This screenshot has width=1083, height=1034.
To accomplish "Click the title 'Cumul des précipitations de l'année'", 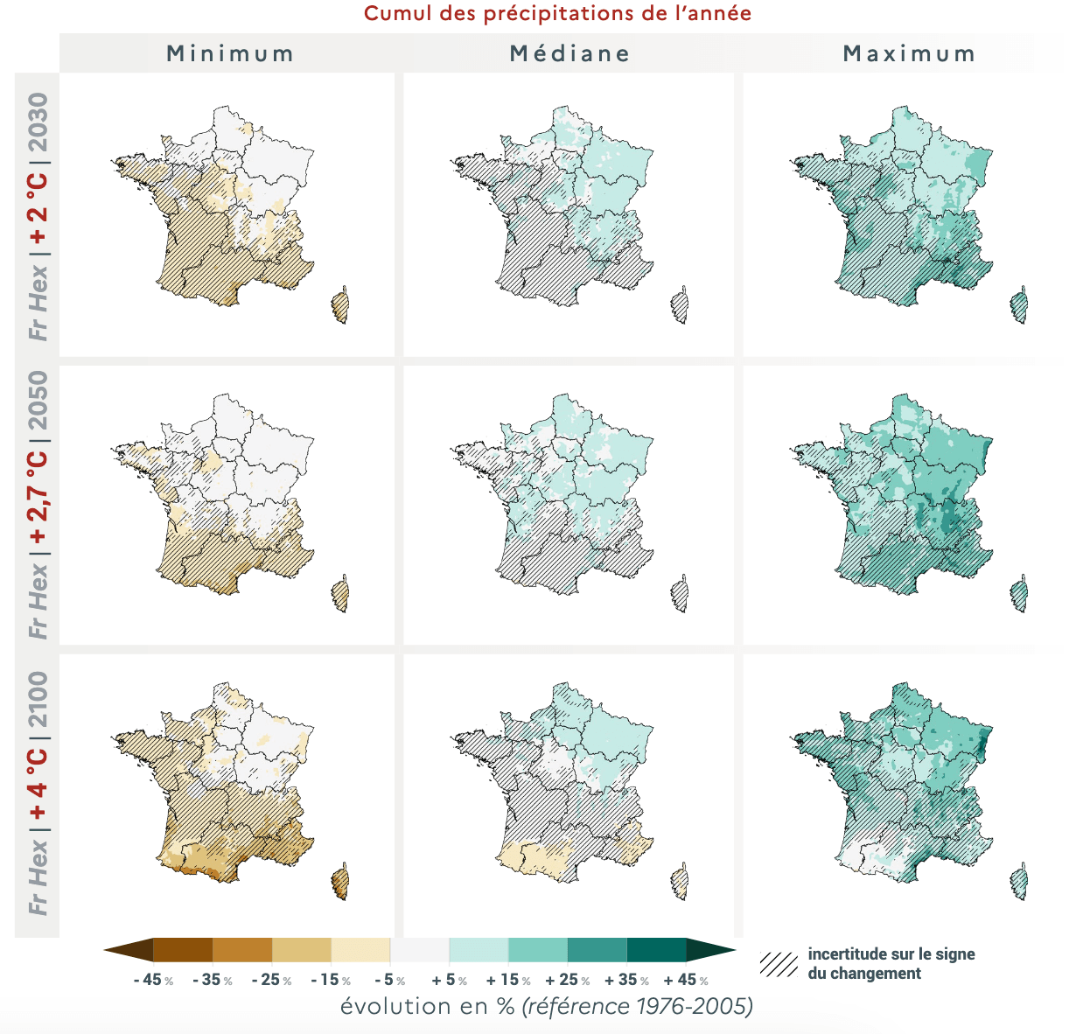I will click(x=557, y=14).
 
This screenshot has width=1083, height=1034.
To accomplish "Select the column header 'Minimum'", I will click(x=230, y=53).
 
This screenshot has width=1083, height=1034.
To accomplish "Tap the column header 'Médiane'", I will click(x=569, y=53).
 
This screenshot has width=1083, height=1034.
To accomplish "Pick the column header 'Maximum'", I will click(x=909, y=53).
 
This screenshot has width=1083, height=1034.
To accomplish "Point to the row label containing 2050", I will click(x=38, y=504).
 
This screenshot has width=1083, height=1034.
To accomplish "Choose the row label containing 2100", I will click(x=38, y=793).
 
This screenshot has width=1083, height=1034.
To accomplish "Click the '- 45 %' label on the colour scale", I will click(x=153, y=980).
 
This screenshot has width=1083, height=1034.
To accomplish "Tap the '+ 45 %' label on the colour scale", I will click(x=686, y=980).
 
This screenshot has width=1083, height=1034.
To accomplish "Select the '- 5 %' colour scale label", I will click(x=389, y=980).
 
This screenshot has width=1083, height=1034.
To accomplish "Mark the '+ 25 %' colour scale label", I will click(x=567, y=980).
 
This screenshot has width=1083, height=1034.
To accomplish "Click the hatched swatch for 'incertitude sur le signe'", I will click(x=779, y=964).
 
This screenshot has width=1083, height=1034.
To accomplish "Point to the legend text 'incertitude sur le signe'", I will click(x=891, y=954).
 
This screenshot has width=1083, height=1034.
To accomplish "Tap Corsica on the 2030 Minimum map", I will click(x=340, y=306).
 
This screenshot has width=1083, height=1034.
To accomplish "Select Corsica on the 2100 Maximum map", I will click(x=1019, y=882).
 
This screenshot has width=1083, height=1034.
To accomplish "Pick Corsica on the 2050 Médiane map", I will click(x=679, y=596).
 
